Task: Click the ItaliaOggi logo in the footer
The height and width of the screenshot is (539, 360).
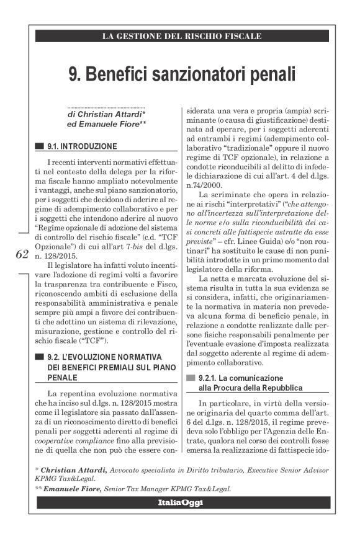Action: coord(179,502)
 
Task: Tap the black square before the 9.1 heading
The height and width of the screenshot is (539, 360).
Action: coord(40,147)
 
